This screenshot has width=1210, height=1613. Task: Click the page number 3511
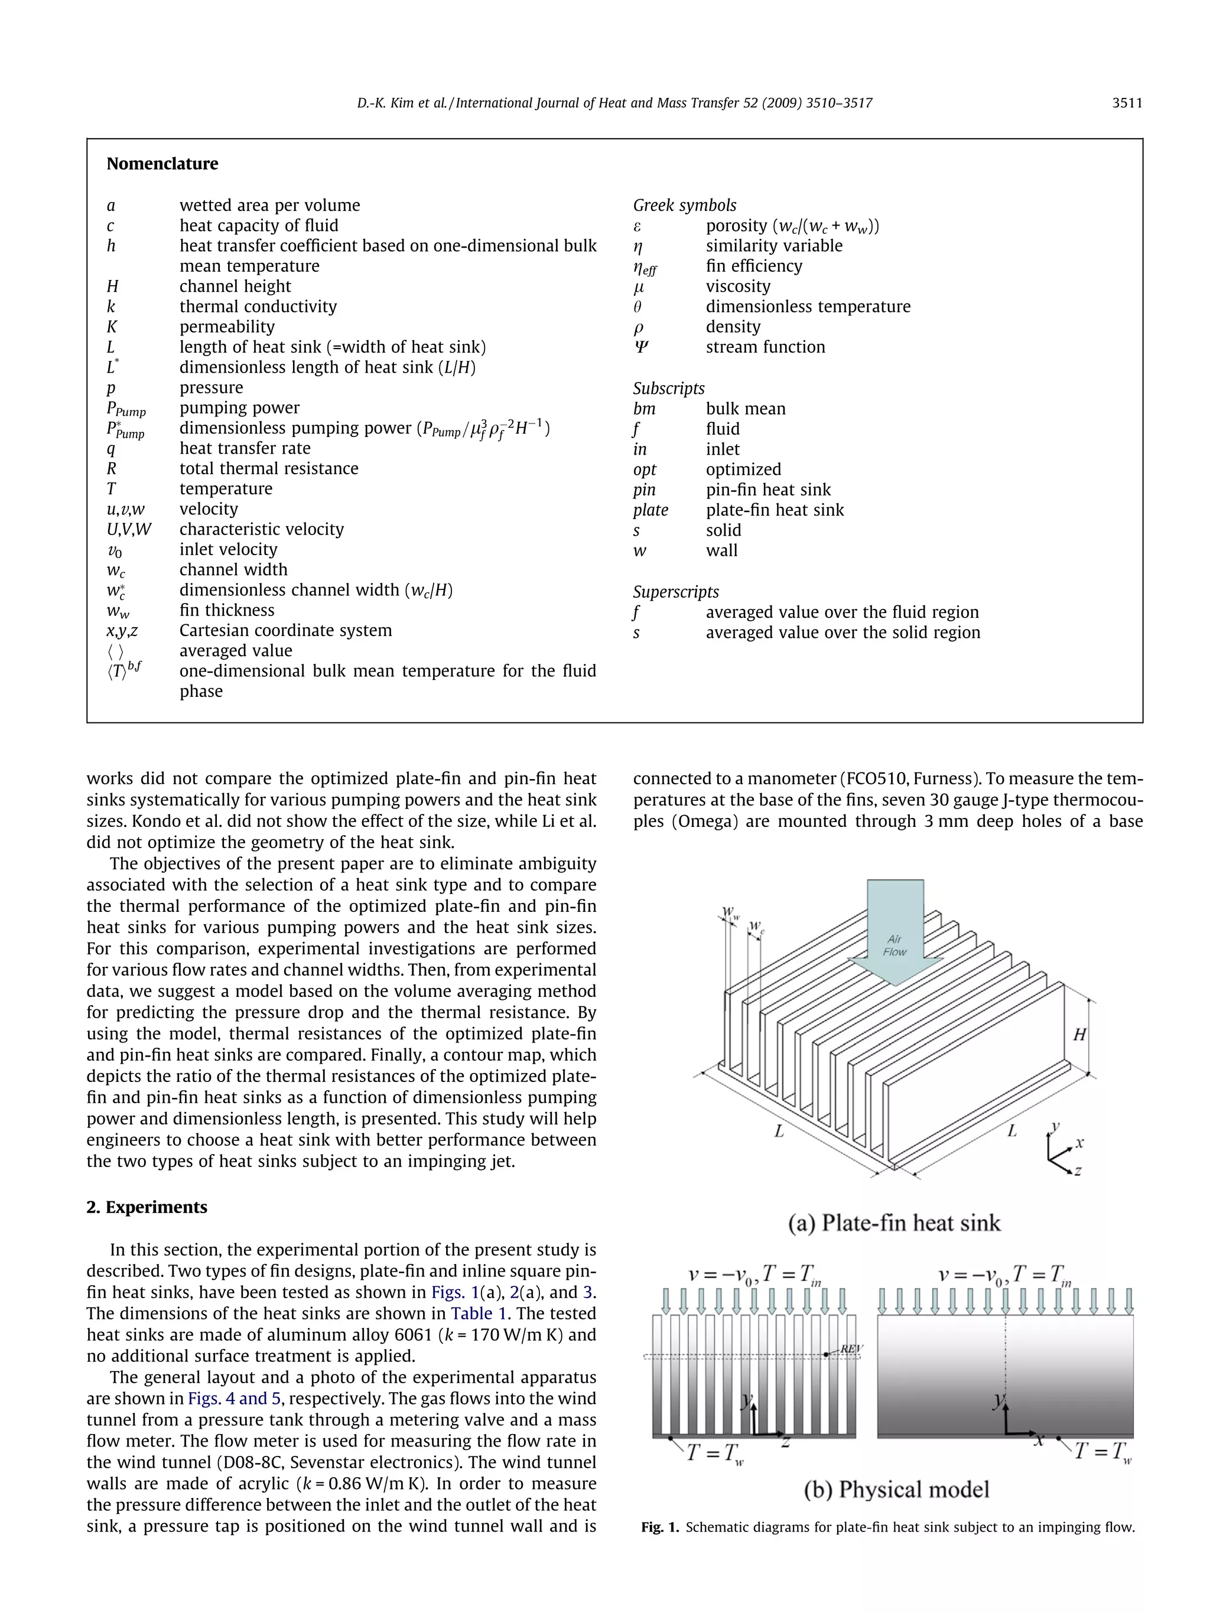click(x=1126, y=103)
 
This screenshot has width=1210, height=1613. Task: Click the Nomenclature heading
click(x=162, y=164)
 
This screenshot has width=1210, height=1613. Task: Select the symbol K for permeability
click(x=112, y=327)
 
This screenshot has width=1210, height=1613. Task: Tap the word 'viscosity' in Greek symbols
click(x=737, y=286)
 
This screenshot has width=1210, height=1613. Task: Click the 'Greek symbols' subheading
click(x=684, y=206)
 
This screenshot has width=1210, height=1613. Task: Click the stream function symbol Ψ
click(x=640, y=347)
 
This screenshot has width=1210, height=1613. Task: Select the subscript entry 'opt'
click(x=645, y=470)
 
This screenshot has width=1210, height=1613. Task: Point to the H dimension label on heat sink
click(x=1079, y=1034)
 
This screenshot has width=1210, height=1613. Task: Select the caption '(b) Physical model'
click(x=896, y=1489)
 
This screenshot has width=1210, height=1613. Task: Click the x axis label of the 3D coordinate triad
click(x=1080, y=1143)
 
